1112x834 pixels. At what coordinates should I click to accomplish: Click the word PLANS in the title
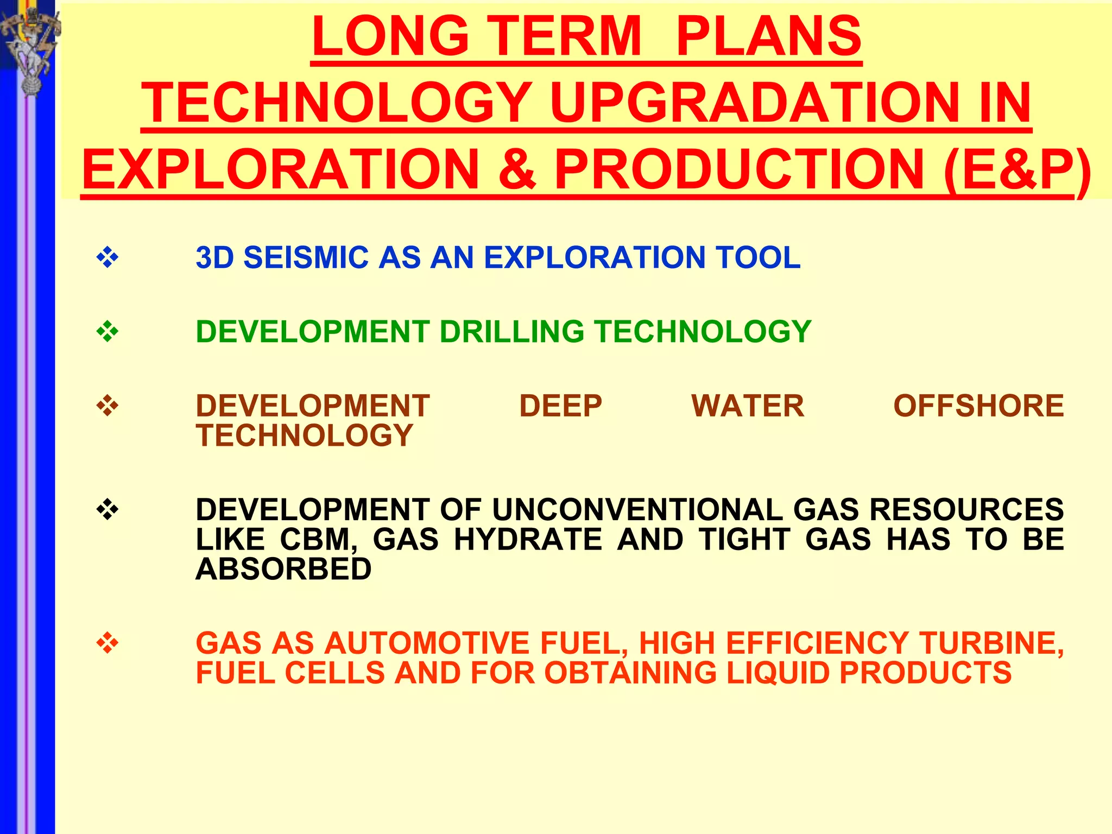point(768,36)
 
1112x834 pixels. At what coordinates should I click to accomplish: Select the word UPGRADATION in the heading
point(754,103)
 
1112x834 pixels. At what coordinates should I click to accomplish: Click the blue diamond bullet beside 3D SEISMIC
point(108,257)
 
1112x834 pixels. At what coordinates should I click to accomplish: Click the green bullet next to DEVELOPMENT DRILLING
point(108,331)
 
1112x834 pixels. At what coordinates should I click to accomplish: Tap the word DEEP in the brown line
point(560,406)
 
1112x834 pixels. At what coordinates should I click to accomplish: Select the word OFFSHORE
point(978,406)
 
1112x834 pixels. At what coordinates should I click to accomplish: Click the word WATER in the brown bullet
point(748,406)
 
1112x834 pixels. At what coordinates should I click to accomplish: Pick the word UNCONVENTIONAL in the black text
point(637,510)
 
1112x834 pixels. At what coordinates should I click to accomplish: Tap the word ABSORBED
point(283,569)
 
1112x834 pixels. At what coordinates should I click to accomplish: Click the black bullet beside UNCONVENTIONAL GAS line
point(108,510)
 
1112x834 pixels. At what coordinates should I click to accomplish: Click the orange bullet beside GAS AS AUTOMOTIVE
point(108,643)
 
